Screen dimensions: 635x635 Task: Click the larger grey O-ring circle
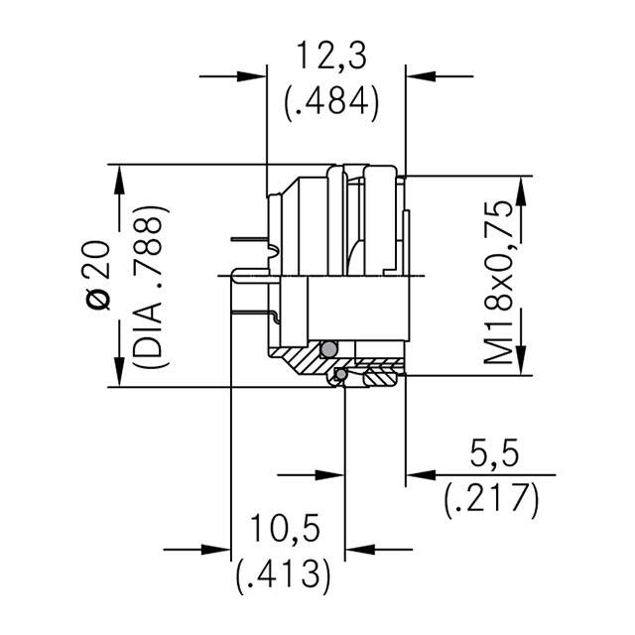click(328, 348)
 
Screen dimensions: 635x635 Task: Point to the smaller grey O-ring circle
click(339, 374)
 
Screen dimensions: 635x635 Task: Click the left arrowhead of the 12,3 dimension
click(253, 75)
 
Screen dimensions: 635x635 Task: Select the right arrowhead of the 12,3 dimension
click(420, 75)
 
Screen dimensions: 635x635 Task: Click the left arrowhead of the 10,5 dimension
click(217, 547)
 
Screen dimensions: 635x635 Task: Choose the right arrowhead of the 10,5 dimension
click(358, 547)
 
